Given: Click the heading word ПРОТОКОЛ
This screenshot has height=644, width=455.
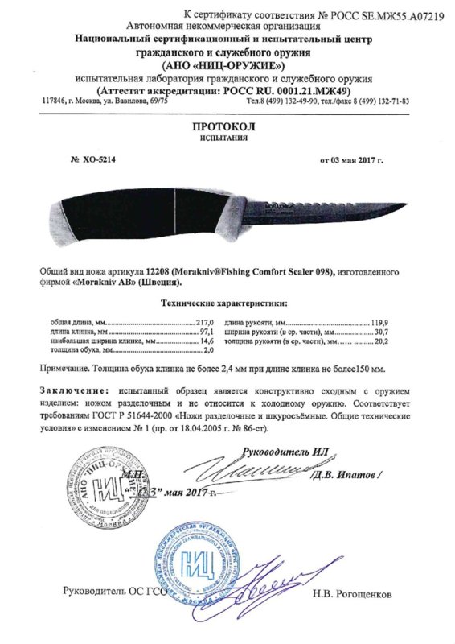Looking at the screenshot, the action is tap(227, 126).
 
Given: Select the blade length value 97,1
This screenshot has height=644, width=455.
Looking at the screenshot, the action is tap(211, 331).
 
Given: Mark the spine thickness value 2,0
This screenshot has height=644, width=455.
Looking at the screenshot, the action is tap(212, 350).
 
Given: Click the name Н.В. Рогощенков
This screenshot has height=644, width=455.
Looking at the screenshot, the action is tap(354, 594).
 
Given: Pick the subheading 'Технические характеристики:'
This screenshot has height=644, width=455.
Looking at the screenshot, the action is tap(227, 305).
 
